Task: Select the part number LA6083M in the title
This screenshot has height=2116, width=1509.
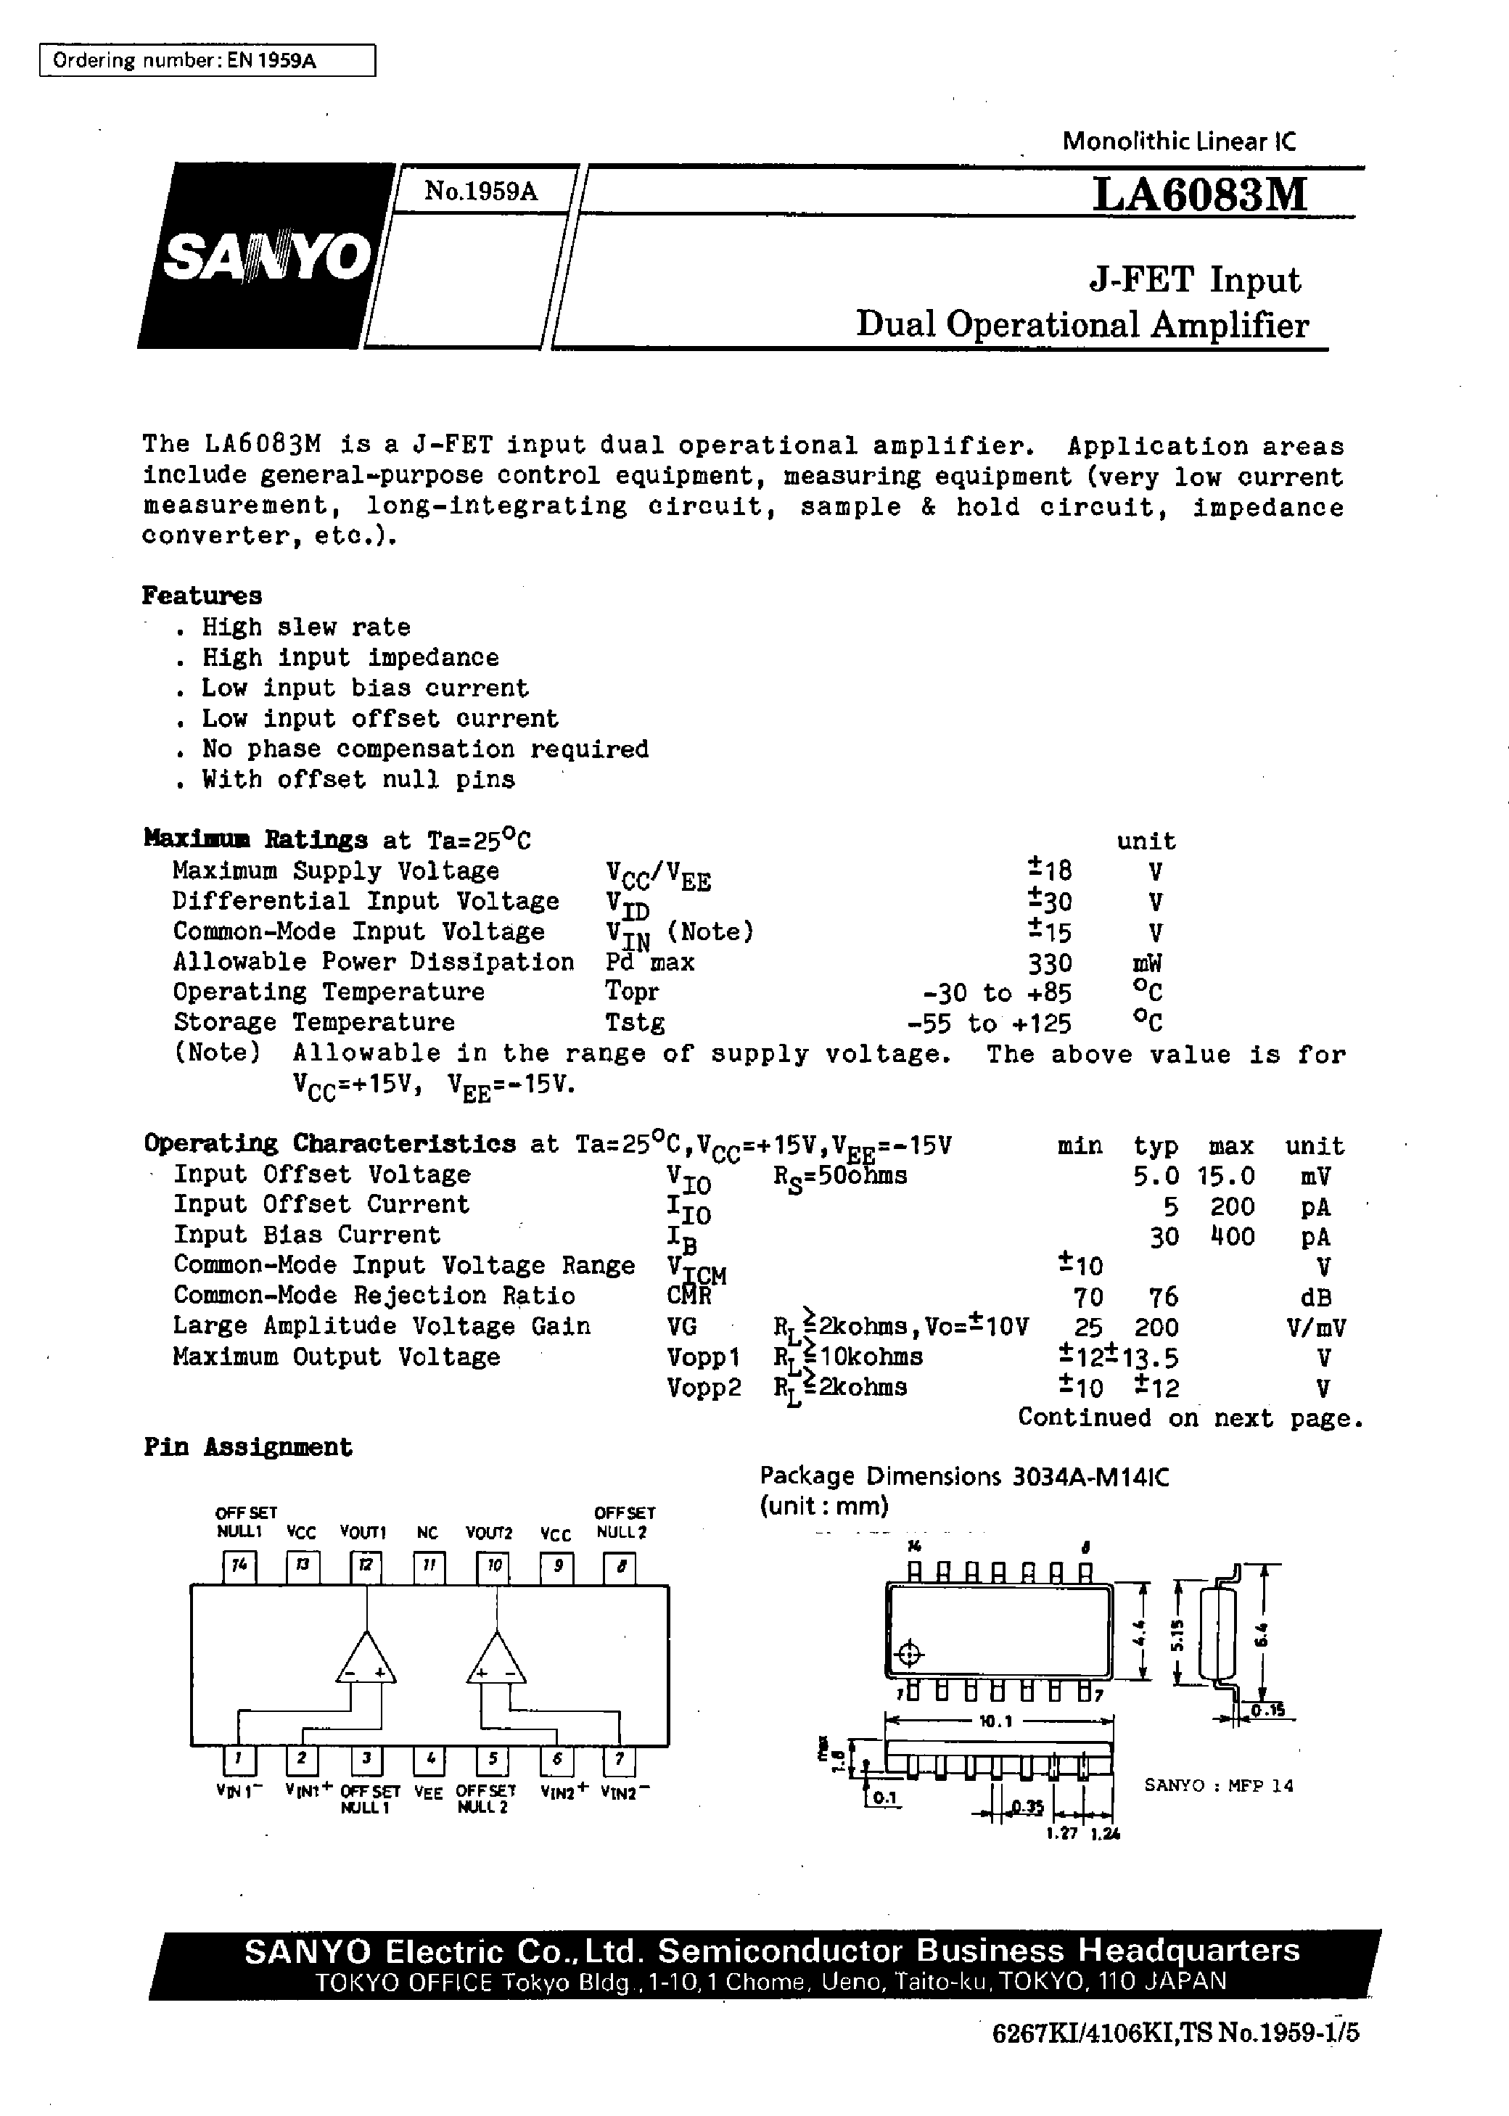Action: [x=1199, y=195]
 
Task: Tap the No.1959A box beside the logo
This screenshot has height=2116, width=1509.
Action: [x=480, y=192]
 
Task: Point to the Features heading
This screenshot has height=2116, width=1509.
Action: [x=202, y=596]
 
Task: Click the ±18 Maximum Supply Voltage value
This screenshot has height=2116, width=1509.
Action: [x=1049, y=870]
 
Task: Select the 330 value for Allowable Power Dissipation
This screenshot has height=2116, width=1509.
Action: [x=1049, y=963]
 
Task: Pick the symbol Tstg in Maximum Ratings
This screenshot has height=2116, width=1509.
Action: [x=635, y=1023]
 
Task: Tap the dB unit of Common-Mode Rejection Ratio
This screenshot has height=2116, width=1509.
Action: [x=1316, y=1297]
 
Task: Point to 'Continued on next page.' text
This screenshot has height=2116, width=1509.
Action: [x=1189, y=1417]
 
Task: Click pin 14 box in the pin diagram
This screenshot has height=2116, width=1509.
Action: [x=239, y=1567]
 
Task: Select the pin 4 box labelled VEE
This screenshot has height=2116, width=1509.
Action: [x=428, y=1758]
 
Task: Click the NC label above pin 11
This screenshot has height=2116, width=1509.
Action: [x=427, y=1534]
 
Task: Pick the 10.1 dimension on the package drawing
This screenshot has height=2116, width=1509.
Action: [x=995, y=1721]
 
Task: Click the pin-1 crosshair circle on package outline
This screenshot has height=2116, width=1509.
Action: [x=910, y=1655]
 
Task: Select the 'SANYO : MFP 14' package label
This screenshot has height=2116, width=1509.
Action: [x=1218, y=1784]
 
